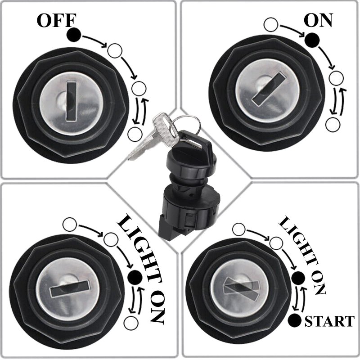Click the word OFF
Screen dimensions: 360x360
pyautogui.click(x=57, y=21)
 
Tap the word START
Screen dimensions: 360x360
pyautogui.click(x=329, y=321)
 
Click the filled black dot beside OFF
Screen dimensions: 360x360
pyautogui.click(x=74, y=35)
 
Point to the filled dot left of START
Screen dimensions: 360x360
pyautogui.click(x=295, y=320)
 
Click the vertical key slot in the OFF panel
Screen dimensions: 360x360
pyautogui.click(x=71, y=101)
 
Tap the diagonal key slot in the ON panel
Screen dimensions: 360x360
pyautogui.click(x=269, y=89)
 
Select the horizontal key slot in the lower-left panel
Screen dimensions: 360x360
pyautogui.click(x=69, y=288)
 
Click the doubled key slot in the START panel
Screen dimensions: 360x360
pyautogui.click(x=241, y=288)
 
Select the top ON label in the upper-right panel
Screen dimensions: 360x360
pyautogui.click(x=319, y=20)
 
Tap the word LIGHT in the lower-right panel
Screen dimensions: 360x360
pyautogui.click(x=298, y=241)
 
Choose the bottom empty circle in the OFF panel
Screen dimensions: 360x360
pyautogui.click(x=135, y=134)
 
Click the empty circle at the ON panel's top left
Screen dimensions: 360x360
pyautogui.click(x=271, y=24)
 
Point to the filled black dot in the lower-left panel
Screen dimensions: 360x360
pyautogui.click(x=135, y=277)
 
